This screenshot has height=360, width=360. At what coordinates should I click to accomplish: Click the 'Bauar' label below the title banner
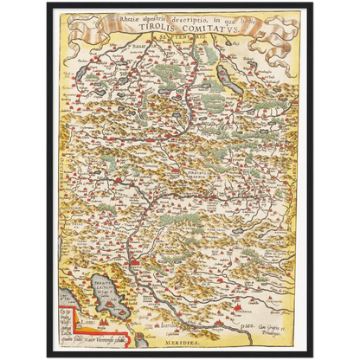136,39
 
